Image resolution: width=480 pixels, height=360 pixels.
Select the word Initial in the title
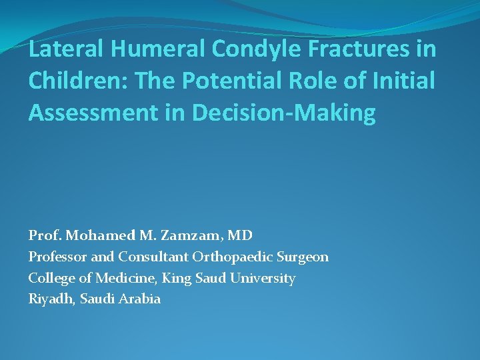pos(405,81)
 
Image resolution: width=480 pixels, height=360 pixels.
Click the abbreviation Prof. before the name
pos(43,235)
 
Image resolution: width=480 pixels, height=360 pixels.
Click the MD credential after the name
pos(241,235)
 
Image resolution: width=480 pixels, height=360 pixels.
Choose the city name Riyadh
pos(50,299)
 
